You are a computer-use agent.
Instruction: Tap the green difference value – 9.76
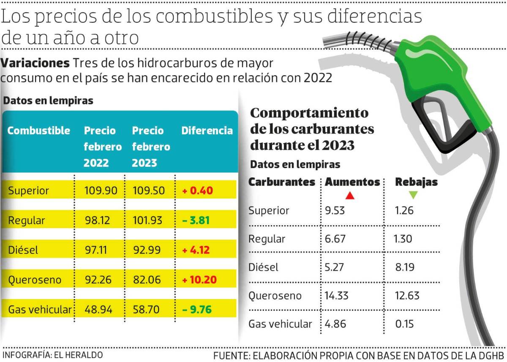pyautogui.click(x=196, y=310)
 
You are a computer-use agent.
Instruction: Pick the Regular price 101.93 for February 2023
pyautogui.click(x=148, y=220)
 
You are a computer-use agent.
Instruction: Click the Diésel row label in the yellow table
pyautogui.click(x=23, y=250)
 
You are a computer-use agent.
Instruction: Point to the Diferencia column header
pyautogui.click(x=207, y=131)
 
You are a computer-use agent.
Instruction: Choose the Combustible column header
pyautogui.click(x=38, y=131)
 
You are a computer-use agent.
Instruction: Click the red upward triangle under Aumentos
pyautogui.click(x=349, y=196)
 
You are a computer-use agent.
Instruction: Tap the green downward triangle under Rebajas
pyautogui.click(x=413, y=195)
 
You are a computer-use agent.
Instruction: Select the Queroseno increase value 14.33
pyautogui.click(x=336, y=295)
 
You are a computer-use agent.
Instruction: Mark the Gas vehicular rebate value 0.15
pyautogui.click(x=404, y=324)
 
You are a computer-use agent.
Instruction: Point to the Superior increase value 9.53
pyautogui.click(x=335, y=210)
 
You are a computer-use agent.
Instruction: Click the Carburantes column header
pyautogui.click(x=281, y=182)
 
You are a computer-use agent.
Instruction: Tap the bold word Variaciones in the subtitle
pyautogui.click(x=35, y=63)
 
